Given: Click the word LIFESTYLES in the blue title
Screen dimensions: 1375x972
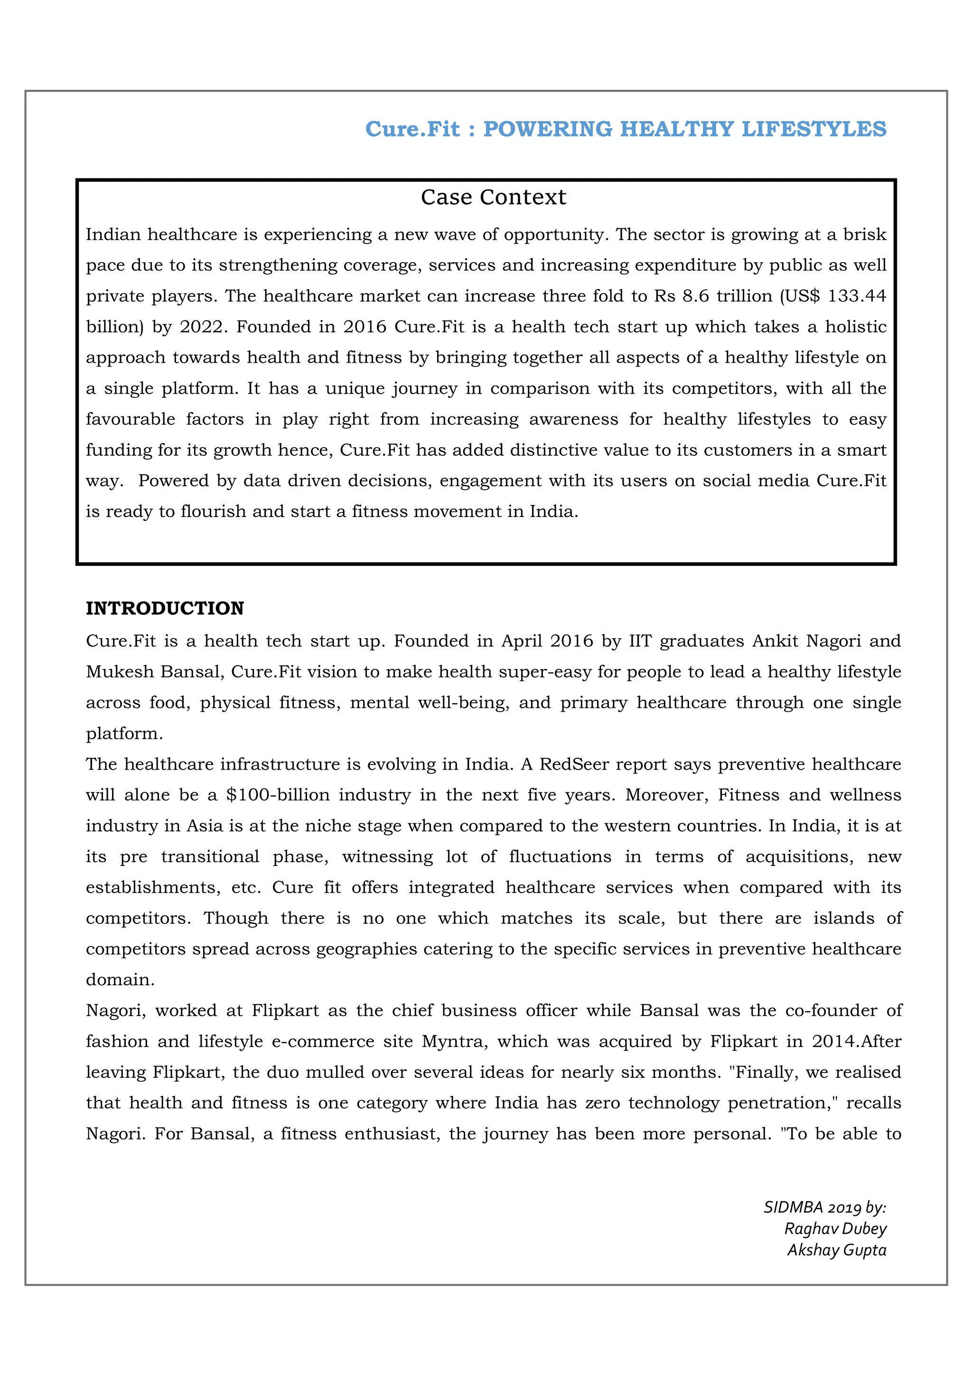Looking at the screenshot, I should click(813, 129).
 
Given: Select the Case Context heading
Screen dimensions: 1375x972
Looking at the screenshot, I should click(493, 197).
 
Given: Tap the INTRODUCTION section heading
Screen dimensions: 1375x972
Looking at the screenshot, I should click(165, 609).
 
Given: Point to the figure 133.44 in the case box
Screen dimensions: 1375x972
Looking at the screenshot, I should click(856, 296).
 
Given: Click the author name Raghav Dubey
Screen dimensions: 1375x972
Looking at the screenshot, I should click(835, 1229).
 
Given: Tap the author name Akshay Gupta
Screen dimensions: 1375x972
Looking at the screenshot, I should click(836, 1251).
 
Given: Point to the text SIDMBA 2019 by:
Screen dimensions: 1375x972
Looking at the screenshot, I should click(824, 1207).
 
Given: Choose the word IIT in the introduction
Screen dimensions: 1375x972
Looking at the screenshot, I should click(640, 641).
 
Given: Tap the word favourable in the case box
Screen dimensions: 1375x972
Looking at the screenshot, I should click(131, 419).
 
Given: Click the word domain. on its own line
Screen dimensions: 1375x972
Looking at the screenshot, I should click(120, 980).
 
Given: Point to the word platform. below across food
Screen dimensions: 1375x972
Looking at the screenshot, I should click(124, 734).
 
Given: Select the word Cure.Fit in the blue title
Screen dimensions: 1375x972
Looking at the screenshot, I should click(412, 129).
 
